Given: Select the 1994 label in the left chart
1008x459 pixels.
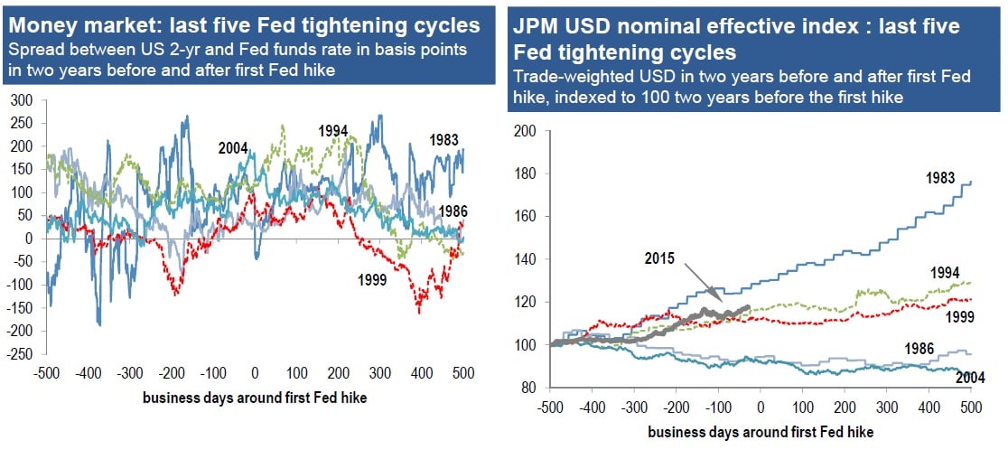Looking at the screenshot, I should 333,131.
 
